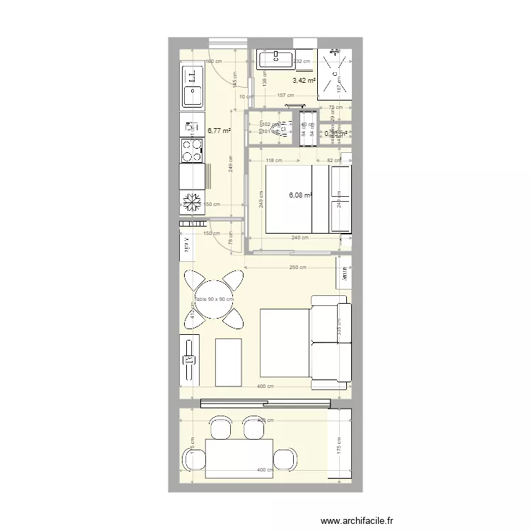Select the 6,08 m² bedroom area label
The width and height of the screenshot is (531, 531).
(300, 196)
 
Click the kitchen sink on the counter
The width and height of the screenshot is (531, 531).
(192, 85)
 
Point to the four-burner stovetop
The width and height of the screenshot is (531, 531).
(192, 150)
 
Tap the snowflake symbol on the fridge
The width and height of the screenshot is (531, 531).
(192, 203)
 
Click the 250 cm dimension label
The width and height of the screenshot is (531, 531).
(298, 268)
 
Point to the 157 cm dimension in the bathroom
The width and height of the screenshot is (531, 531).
(285, 96)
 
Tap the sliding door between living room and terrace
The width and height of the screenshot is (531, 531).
(265, 404)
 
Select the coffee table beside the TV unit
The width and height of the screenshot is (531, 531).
(228, 362)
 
